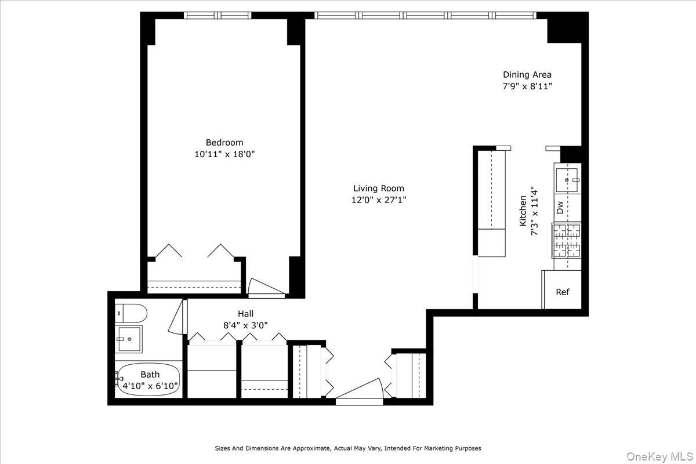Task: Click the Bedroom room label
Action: point(224,143)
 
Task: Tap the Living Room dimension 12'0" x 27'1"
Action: point(379,200)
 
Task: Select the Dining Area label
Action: point(527,74)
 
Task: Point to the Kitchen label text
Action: point(523,210)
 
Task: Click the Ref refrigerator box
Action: point(562,292)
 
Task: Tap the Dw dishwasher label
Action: point(560,207)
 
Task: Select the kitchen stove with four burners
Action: point(567,241)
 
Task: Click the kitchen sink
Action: point(567,180)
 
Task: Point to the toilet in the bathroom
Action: point(130,313)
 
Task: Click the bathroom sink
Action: point(129,338)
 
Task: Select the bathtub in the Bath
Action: point(150,380)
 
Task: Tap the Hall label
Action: point(245,314)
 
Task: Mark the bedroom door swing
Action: point(264,288)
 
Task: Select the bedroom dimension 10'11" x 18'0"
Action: point(224,154)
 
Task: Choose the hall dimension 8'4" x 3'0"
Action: point(245,325)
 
